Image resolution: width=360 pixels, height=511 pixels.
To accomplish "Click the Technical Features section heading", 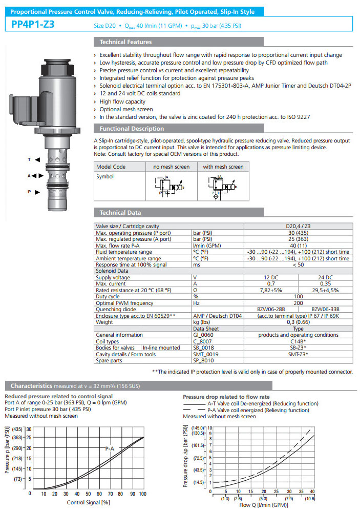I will pos(125,42).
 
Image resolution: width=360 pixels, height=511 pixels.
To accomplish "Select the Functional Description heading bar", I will pos(132,129).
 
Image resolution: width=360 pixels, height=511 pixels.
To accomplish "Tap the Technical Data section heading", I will pos(120,213).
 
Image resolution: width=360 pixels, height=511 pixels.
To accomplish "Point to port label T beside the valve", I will pos(29,160).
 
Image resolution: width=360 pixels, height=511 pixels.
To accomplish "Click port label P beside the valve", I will pos(29,192).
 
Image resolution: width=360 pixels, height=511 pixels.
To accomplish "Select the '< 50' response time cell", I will pos(298,264).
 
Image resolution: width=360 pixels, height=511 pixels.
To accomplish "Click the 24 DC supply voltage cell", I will pos(326,277).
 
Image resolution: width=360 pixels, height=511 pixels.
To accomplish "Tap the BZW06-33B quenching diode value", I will pos(326,309).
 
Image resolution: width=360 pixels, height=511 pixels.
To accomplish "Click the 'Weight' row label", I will pos(104,322).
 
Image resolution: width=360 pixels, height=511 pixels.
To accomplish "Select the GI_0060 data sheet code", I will pos(205,335).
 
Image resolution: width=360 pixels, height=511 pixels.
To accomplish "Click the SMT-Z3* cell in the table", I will pos(298,354).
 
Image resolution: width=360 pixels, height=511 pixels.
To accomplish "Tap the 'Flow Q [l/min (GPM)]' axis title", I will pos(262,505).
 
